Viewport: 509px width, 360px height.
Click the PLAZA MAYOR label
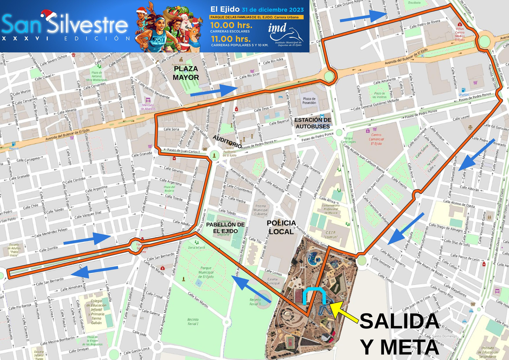[x=186, y=73]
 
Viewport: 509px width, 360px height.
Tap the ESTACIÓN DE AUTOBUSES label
[x=313, y=123]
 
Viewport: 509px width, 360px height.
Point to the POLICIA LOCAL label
[x=281, y=227]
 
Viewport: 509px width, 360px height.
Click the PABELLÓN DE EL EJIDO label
[x=225, y=228]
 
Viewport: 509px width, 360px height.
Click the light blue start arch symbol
[x=314, y=296]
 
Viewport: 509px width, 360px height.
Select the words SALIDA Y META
[x=400, y=334]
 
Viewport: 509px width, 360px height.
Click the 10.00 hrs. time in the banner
[x=231, y=25]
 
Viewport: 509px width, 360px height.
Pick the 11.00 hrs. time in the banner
[x=231, y=39]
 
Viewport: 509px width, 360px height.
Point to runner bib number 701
[x=158, y=40]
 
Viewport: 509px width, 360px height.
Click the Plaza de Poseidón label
[x=309, y=101]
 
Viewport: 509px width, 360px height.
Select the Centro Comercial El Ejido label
[x=377, y=139]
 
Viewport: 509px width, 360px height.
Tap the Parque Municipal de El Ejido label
[x=206, y=272]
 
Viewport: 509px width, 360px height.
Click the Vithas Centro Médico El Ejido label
[x=460, y=34]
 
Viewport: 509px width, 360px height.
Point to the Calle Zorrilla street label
[x=48, y=249]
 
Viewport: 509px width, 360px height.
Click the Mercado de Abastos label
[x=148, y=107]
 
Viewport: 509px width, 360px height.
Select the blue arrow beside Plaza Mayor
[x=213, y=91]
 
